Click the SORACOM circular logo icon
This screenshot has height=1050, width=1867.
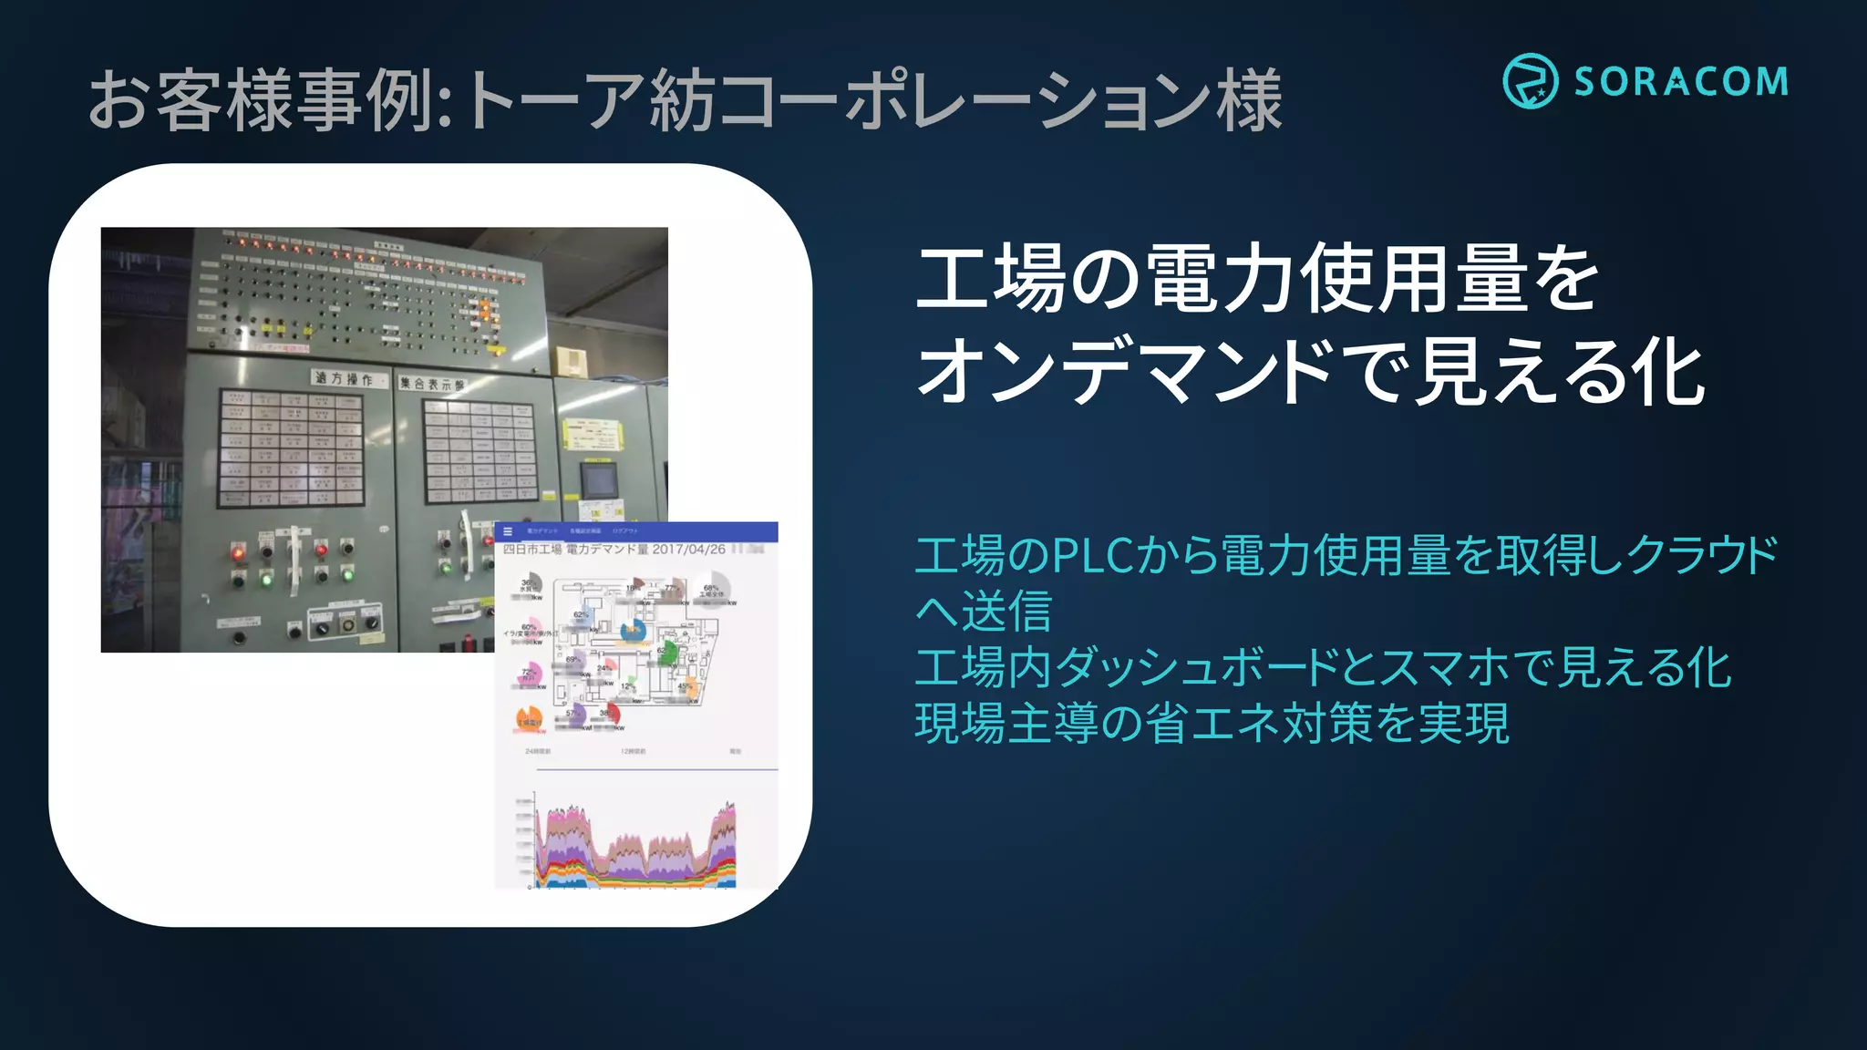(x=1530, y=81)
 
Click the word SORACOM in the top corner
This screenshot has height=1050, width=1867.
(x=1680, y=82)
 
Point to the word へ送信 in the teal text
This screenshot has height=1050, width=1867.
(x=984, y=611)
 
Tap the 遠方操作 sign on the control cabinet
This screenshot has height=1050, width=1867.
(x=343, y=378)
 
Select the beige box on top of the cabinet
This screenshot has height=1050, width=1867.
(x=571, y=360)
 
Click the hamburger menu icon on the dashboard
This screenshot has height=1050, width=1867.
(x=508, y=530)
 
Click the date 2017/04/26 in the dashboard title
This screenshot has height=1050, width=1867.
(x=688, y=550)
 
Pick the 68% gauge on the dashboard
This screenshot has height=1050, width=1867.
(x=712, y=589)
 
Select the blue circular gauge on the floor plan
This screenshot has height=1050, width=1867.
(x=633, y=630)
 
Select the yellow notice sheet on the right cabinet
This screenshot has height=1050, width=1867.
(x=590, y=433)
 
